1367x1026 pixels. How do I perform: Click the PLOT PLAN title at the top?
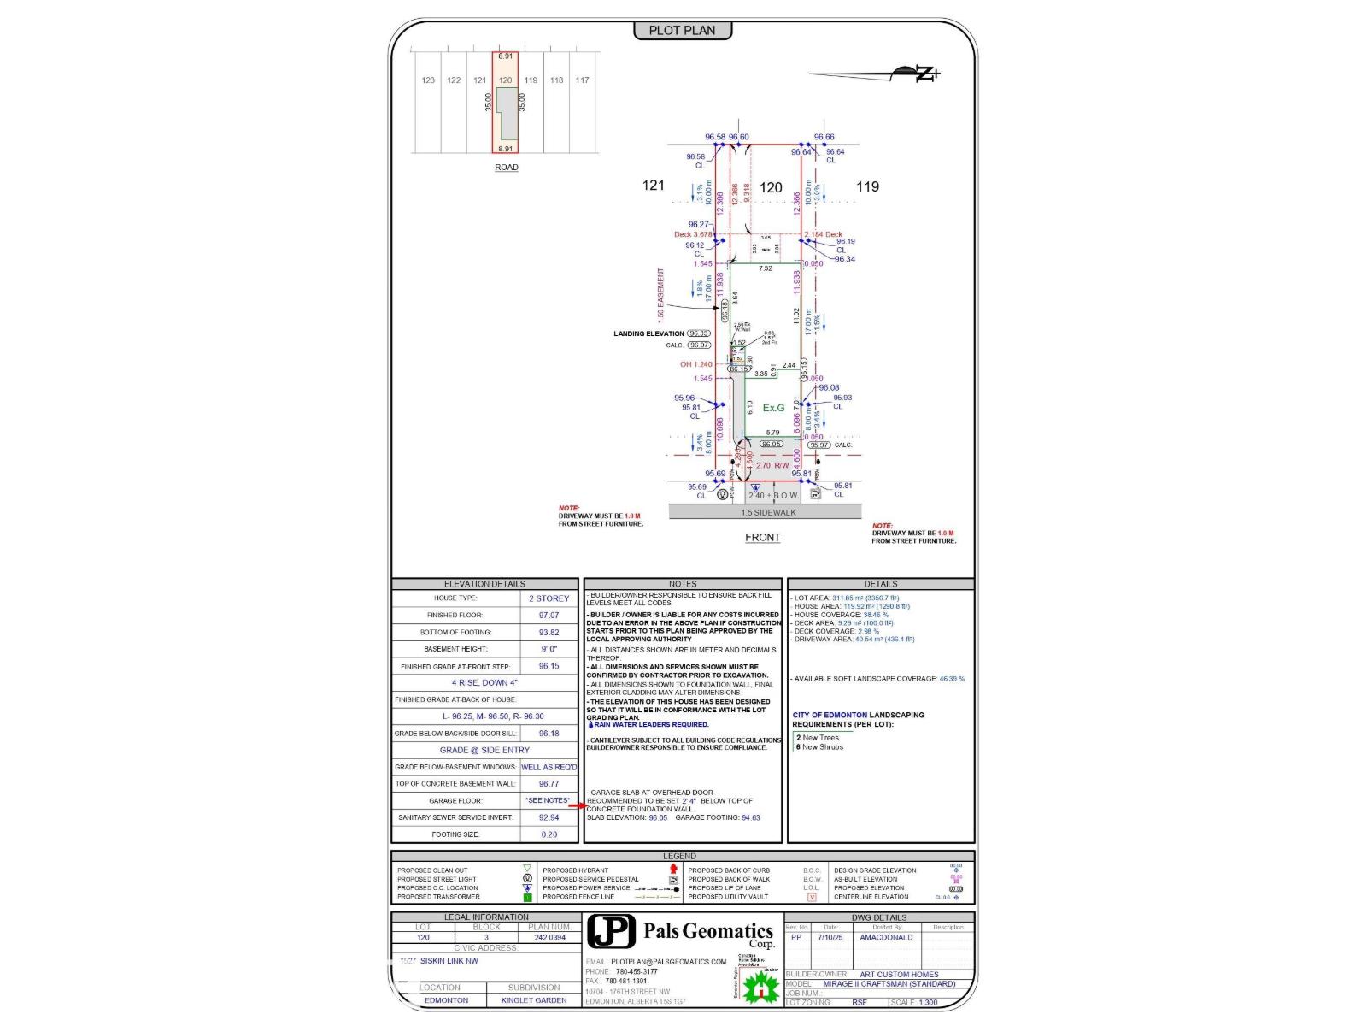coord(682,31)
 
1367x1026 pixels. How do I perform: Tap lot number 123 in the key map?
coord(428,80)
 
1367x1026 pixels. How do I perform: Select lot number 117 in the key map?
coord(582,80)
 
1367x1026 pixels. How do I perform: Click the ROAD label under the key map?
coord(506,168)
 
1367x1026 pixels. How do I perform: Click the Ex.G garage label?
coord(773,408)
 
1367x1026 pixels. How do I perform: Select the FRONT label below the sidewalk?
coord(762,538)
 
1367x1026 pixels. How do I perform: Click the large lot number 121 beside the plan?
coord(654,186)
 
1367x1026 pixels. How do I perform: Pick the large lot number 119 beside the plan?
coord(867,186)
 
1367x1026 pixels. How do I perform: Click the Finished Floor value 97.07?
coord(549,616)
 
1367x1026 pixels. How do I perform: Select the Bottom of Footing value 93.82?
coord(549,633)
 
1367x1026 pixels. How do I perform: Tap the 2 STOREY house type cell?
coord(549,598)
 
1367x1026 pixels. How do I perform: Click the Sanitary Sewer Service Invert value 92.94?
coord(549,818)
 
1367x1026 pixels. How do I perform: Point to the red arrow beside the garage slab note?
coord(578,805)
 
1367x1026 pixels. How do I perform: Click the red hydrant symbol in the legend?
coord(673,870)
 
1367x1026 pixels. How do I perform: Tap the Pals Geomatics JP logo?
coord(612,931)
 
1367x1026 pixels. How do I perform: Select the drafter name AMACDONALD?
coord(886,938)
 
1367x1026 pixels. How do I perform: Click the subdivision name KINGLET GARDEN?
coord(534,1000)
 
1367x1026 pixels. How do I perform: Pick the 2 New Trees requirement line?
coord(818,738)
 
